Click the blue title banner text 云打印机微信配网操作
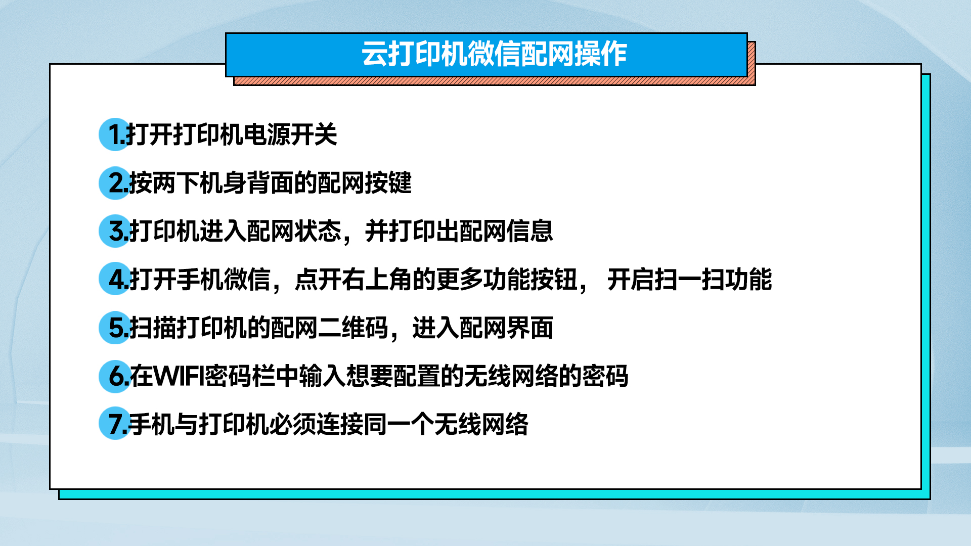tap(494, 54)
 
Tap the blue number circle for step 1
tap(115, 134)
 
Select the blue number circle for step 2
tap(115, 183)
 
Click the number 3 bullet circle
tap(115, 231)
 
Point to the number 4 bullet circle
tap(115, 279)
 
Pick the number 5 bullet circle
tap(115, 328)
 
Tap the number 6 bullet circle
tap(115, 376)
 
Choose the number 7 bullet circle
tap(115, 424)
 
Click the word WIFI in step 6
tap(179, 376)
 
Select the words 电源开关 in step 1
tap(290, 134)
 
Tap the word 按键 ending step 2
tap(388, 183)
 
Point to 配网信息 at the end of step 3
tap(506, 231)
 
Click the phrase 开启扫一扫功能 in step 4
tap(690, 280)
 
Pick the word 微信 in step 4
tap(247, 280)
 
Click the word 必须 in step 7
tap(293, 424)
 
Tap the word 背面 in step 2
tap(271, 183)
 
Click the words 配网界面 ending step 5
tap(506, 328)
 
